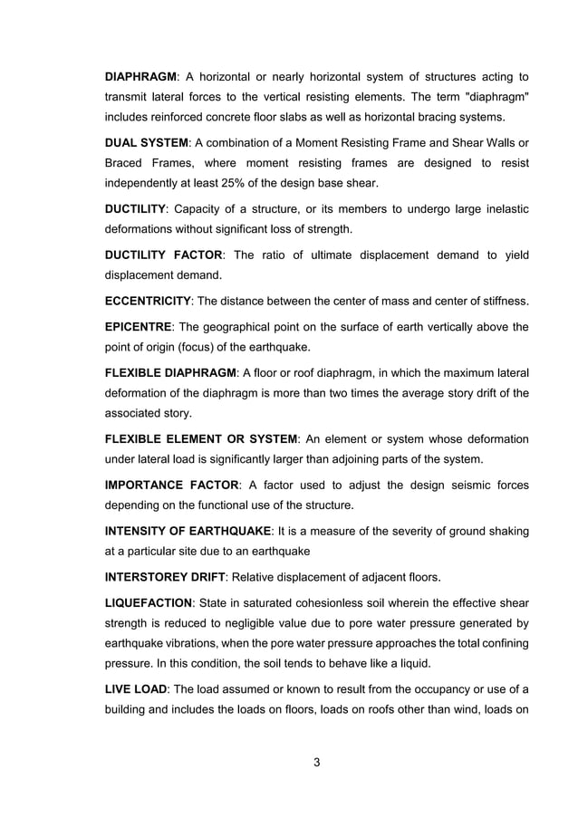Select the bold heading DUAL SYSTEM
coord(147,143)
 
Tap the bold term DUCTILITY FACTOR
coord(164,255)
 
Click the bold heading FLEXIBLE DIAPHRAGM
coord(171,372)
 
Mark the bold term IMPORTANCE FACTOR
coord(172,485)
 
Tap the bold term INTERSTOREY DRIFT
coord(165,575)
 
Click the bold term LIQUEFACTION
coord(149,602)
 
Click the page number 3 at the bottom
coord(317,762)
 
